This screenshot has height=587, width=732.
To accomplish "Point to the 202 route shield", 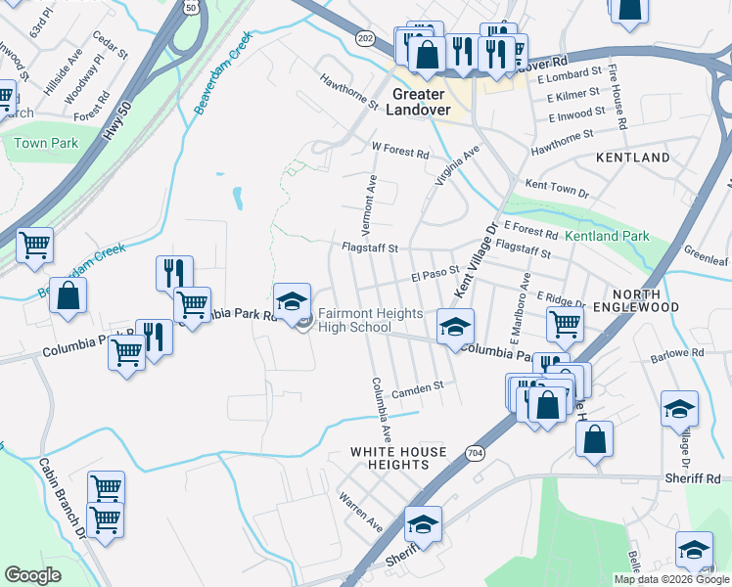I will (365, 37).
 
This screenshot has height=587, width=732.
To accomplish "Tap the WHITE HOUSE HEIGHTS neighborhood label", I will (399, 458).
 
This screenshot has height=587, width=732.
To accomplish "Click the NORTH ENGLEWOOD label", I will (645, 300).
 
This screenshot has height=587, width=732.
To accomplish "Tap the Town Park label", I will (45, 143).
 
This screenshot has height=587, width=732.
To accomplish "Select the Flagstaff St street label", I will (369, 248).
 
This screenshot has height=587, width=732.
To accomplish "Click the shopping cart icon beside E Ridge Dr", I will (566, 325).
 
